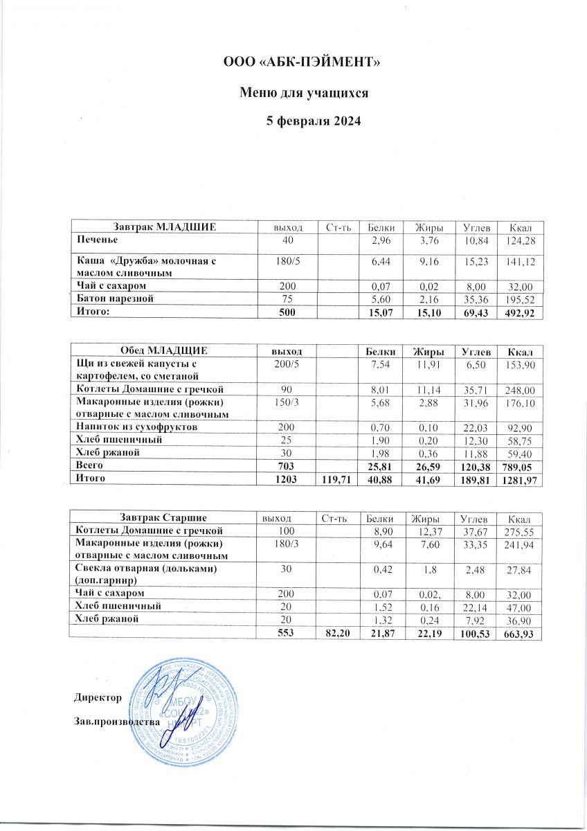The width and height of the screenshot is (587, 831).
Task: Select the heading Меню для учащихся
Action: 302,92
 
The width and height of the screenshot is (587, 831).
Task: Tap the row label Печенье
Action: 96,240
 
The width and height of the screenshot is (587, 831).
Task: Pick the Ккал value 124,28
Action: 519,240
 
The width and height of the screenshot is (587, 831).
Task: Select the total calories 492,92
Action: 519,313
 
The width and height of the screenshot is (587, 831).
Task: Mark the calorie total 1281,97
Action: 516,480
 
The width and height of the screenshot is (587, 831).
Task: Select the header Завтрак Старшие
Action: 162,518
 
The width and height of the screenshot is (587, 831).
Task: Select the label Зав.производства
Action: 116,722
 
